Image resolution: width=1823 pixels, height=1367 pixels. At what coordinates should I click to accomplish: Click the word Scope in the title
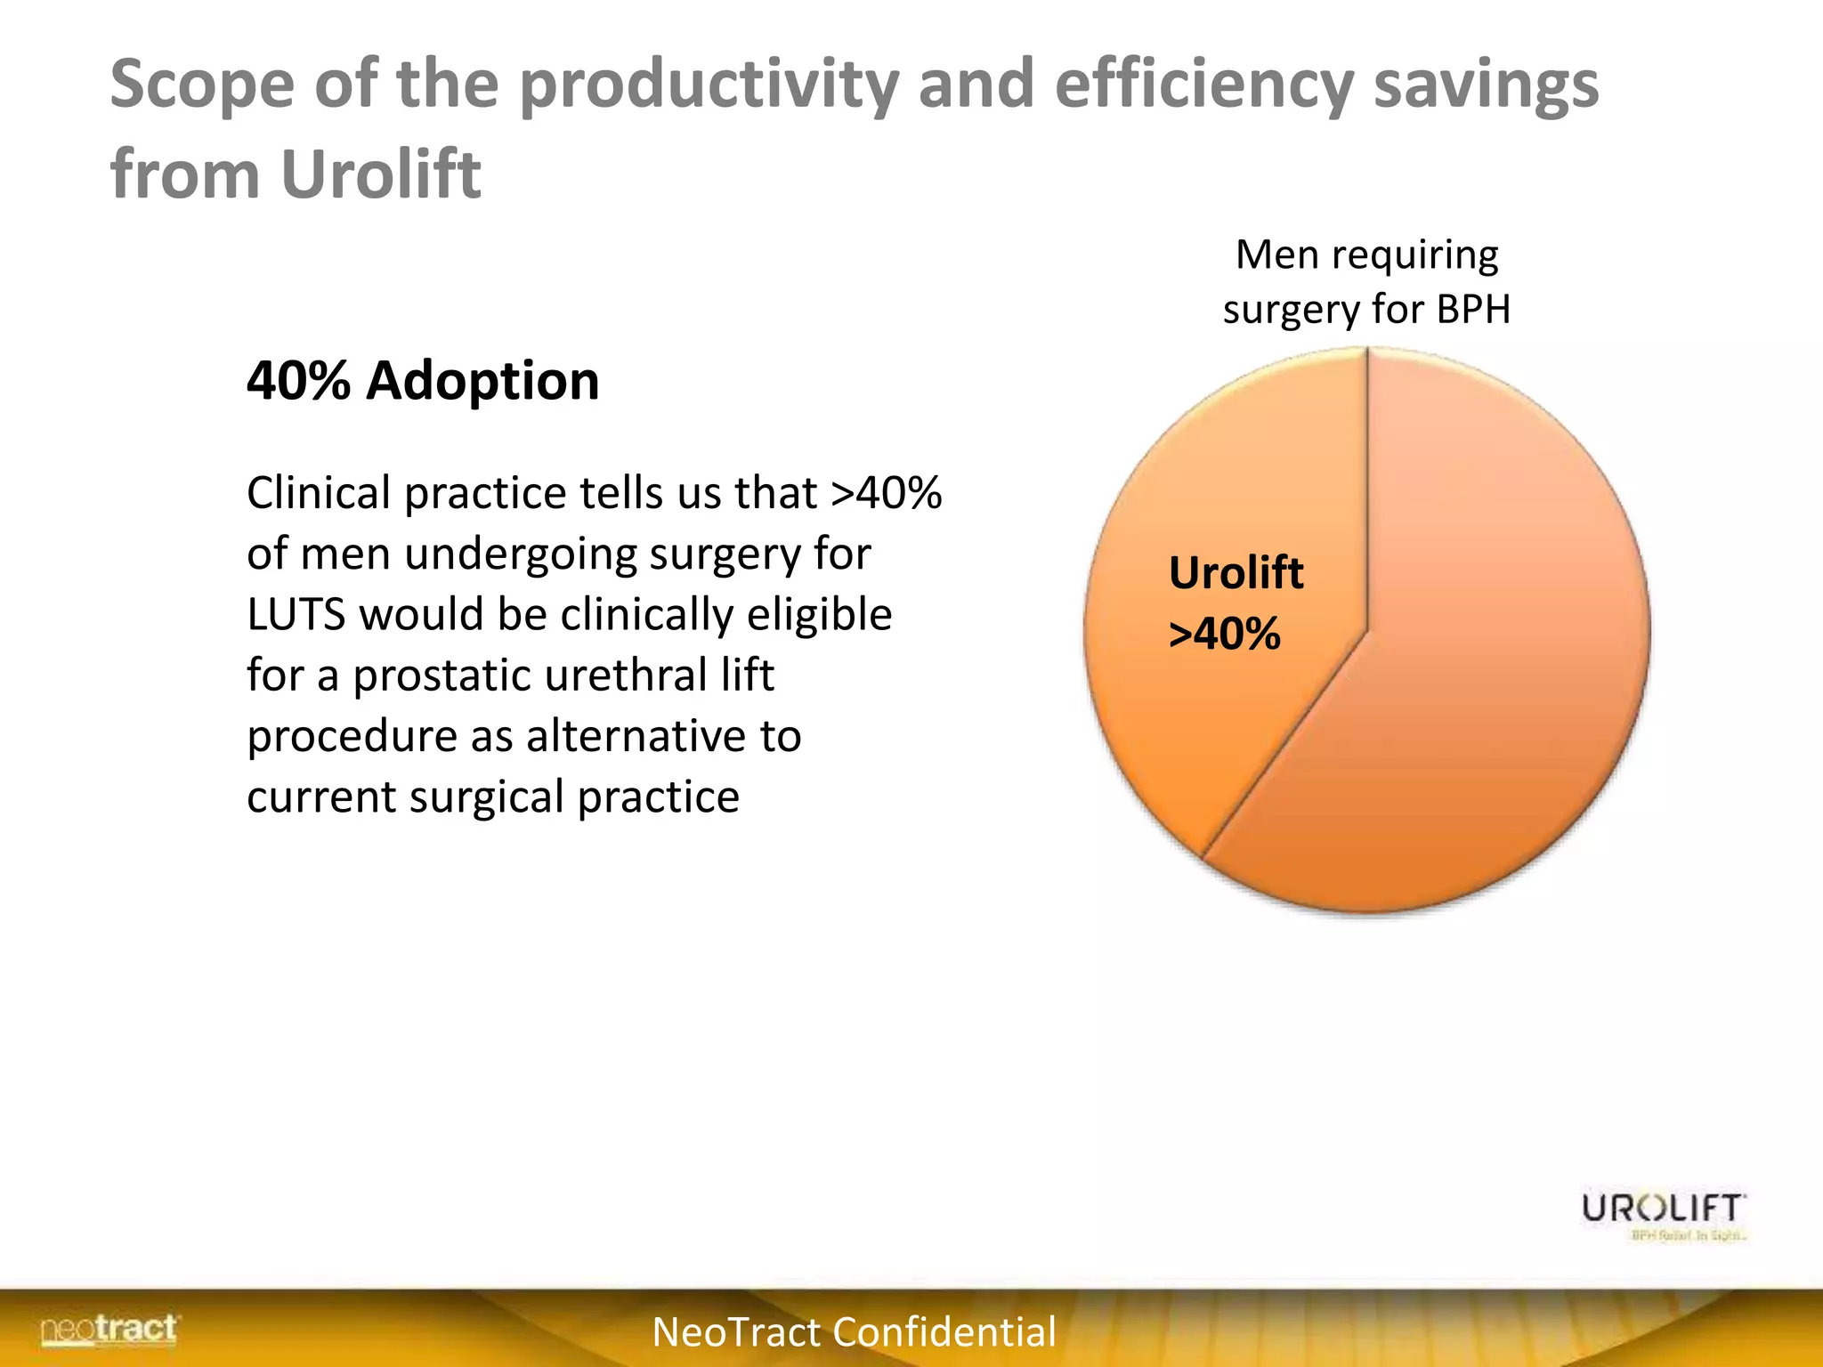pyautogui.click(x=201, y=85)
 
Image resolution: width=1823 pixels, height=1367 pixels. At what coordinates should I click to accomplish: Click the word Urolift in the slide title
pyautogui.click(x=381, y=174)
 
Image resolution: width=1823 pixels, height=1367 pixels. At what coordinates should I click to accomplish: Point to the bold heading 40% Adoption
pyautogui.click(x=423, y=381)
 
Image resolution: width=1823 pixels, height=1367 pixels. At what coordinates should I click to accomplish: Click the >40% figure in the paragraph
pyautogui.click(x=886, y=493)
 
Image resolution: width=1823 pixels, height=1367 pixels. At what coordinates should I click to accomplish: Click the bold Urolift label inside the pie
pyautogui.click(x=1236, y=573)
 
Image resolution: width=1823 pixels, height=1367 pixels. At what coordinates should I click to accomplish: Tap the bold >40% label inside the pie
pyautogui.click(x=1224, y=635)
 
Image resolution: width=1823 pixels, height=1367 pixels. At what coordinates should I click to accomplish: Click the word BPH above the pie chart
pyautogui.click(x=1473, y=310)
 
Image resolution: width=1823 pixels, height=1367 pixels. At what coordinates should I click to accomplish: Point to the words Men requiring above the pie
pyautogui.click(x=1366, y=255)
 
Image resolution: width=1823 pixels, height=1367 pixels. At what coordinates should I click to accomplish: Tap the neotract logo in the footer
pyautogui.click(x=109, y=1330)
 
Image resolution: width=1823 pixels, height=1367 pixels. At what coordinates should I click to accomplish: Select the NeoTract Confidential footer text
pyautogui.click(x=854, y=1332)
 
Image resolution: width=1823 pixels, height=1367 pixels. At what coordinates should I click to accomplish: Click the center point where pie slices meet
pyautogui.click(x=1367, y=631)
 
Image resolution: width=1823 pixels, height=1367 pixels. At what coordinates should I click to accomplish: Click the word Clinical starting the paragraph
pyautogui.click(x=318, y=493)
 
